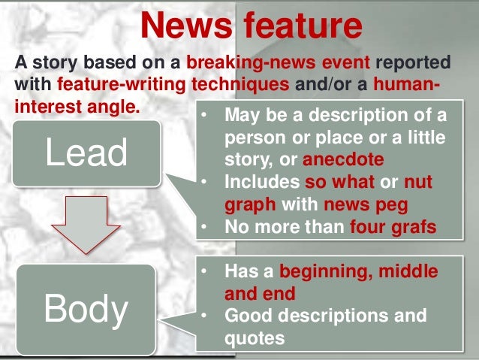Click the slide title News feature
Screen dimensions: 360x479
click(251, 26)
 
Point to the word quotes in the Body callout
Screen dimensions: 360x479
click(255, 337)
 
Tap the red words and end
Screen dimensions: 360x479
click(260, 292)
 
